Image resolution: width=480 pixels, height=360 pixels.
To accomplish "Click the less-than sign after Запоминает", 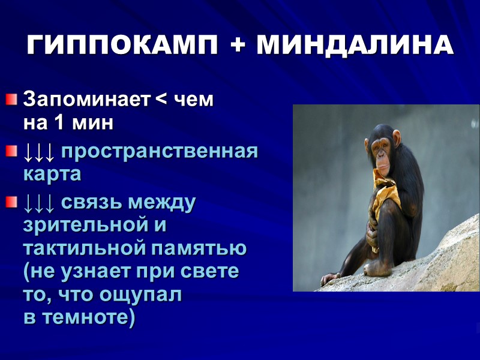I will click(161, 100).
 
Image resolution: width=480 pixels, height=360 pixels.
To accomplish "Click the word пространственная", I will click(160, 152).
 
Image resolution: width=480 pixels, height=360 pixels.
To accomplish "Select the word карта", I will click(52, 175).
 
